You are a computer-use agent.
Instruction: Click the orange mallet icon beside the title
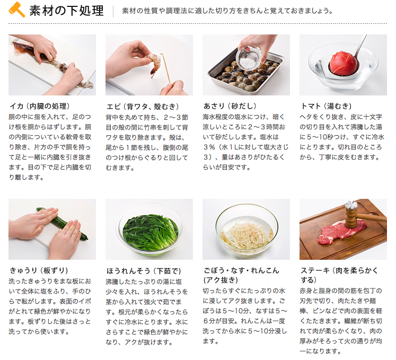tap(16, 10)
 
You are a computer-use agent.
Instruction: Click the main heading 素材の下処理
tap(66, 11)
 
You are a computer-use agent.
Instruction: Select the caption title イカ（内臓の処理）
tap(40, 106)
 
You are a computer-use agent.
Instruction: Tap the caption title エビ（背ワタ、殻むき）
tap(143, 107)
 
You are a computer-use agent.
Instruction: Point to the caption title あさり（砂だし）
tap(230, 106)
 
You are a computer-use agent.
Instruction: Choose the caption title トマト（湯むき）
tap(326, 106)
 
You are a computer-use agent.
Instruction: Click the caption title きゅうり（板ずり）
tap(39, 270)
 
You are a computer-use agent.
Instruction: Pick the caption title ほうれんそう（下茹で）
tap(144, 271)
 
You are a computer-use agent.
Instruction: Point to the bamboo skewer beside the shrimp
tap(166, 68)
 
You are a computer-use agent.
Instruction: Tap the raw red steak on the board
tap(341, 232)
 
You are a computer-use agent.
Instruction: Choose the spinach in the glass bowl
tap(150, 231)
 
